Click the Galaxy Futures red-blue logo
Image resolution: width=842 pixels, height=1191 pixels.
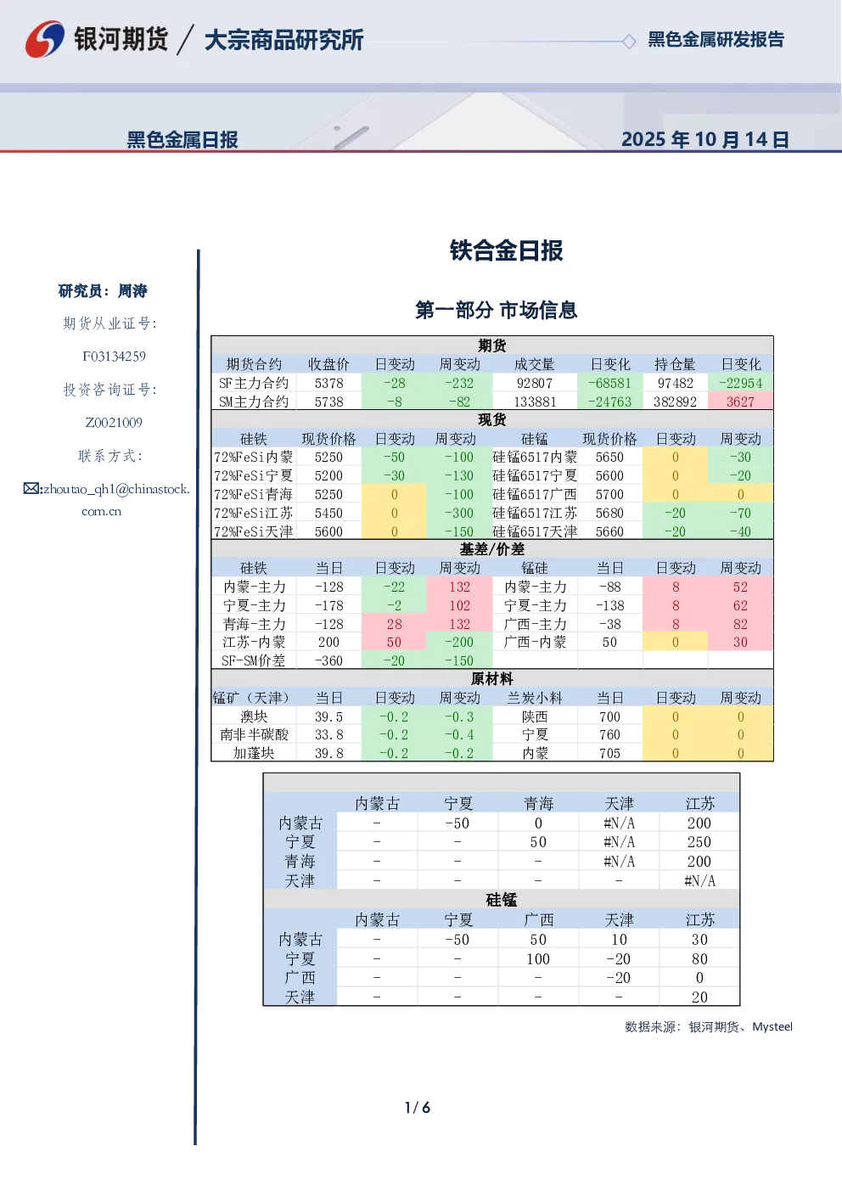click(44, 39)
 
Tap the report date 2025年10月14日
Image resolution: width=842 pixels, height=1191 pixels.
click(704, 139)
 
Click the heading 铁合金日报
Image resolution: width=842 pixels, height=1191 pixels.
click(506, 250)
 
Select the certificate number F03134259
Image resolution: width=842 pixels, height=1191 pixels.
click(114, 357)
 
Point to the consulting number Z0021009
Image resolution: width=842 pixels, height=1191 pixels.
click(114, 423)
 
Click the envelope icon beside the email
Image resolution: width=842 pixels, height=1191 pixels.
click(31, 488)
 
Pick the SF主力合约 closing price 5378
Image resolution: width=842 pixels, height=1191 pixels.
click(329, 383)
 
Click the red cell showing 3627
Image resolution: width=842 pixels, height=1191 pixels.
click(740, 402)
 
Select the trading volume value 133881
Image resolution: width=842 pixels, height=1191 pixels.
click(535, 402)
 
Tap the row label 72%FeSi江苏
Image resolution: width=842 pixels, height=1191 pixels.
click(254, 513)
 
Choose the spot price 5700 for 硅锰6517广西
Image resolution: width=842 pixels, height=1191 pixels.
click(609, 494)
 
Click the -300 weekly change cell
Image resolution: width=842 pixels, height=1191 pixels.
click(459, 513)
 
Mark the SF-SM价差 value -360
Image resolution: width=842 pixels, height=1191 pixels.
click(329, 660)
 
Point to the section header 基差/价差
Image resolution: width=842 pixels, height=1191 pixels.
click(492, 548)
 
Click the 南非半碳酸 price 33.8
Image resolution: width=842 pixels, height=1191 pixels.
click(329, 735)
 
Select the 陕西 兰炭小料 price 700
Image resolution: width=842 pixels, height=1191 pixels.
click(609, 716)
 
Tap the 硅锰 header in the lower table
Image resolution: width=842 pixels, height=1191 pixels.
click(502, 900)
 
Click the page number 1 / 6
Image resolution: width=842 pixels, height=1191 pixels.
click(418, 1108)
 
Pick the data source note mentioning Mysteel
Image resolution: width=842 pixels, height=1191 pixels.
click(709, 1026)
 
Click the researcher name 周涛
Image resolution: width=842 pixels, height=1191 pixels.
click(132, 291)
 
